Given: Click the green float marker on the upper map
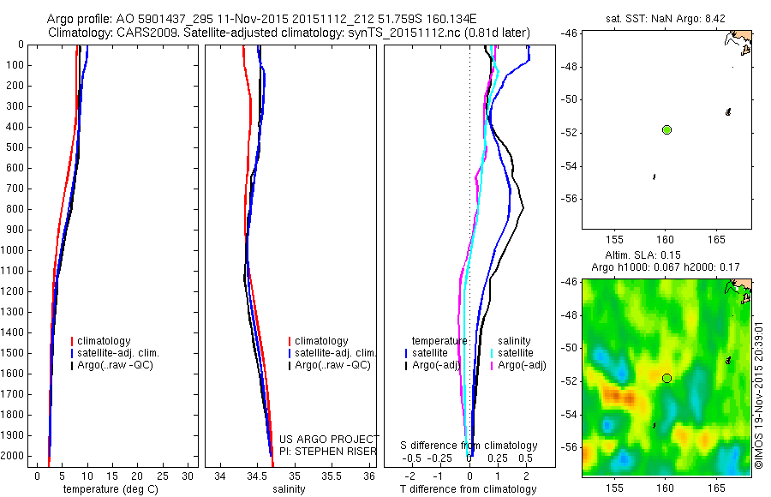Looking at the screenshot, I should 666,129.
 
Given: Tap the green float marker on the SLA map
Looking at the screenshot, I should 666,378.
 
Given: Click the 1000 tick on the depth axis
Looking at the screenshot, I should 14,250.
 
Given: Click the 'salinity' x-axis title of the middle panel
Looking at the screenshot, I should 287,489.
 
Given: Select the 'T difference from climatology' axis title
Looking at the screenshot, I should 468,489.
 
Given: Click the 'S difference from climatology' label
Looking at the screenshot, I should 469,446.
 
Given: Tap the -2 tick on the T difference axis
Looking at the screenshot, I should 409,475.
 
